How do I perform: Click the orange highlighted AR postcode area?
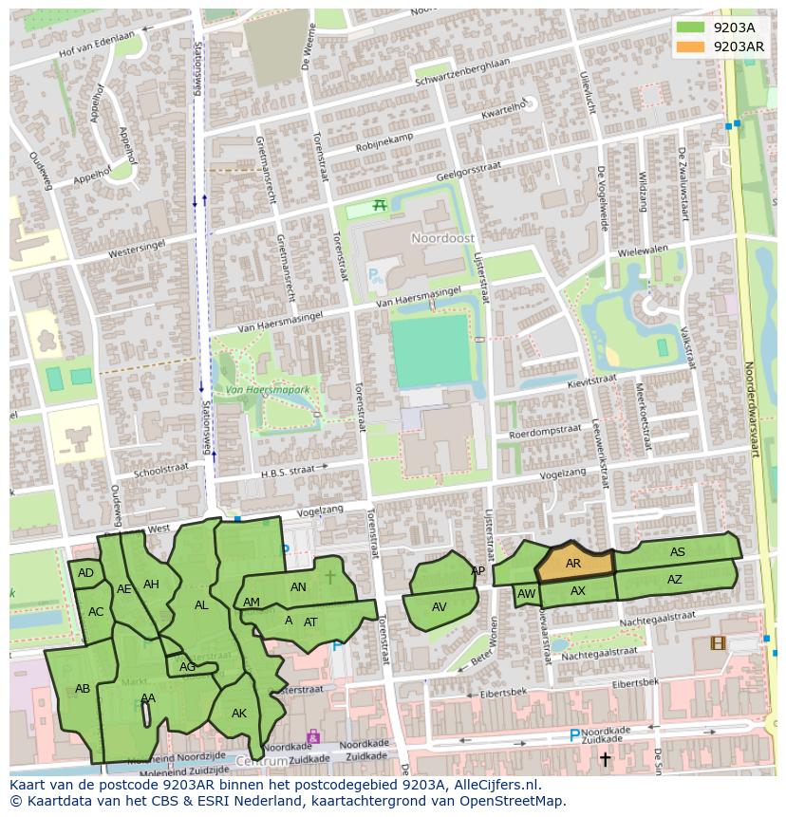[573, 564]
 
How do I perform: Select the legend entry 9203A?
[721, 28]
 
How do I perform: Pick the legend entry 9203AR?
[721, 46]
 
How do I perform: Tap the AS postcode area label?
[677, 552]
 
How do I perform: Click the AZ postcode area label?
[674, 580]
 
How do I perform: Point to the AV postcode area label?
[439, 607]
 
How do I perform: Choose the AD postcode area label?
[85, 573]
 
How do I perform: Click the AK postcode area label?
[239, 714]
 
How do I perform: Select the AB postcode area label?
[83, 689]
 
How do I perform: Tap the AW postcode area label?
[527, 595]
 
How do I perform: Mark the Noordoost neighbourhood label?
[435, 237]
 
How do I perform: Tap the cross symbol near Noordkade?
[605, 758]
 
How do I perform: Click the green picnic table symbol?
[380, 205]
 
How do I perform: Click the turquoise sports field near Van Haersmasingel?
[430, 350]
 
